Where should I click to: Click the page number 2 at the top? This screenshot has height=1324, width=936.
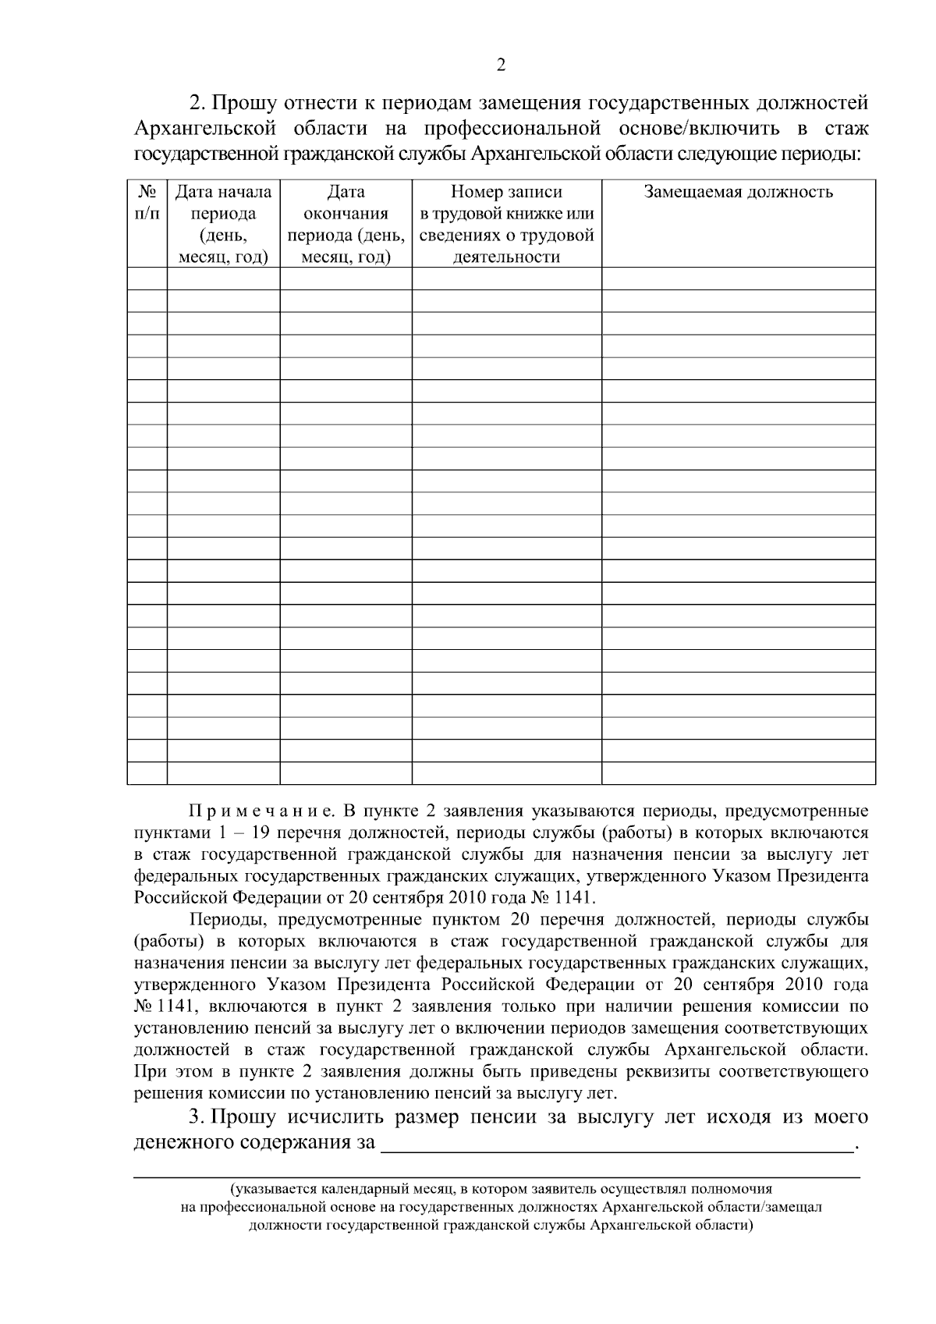[501, 65]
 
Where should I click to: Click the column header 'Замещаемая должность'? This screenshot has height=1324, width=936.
[738, 192]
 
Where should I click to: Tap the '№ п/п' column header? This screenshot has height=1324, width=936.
[147, 202]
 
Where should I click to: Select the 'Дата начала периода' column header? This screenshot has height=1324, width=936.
[223, 224]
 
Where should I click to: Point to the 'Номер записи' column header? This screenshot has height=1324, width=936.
[506, 192]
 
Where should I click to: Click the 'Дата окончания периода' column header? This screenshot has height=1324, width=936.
[346, 224]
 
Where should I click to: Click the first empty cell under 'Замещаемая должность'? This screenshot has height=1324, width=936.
[738, 279]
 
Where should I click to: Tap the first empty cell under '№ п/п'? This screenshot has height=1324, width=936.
[147, 279]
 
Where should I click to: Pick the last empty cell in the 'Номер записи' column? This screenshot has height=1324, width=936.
[506, 773]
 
